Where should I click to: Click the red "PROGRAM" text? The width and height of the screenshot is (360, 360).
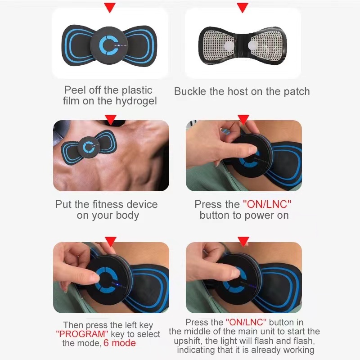coord(82,334)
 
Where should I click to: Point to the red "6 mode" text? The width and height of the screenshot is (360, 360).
coord(120,343)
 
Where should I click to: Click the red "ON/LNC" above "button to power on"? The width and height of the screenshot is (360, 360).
coord(267,204)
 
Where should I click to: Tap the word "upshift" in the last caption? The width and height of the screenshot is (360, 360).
coord(188,341)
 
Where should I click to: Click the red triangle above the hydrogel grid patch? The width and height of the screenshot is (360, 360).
coord(243,8)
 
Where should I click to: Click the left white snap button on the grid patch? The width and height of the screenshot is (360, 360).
coord(229,45)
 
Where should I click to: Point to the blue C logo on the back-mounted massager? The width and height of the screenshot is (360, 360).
coord(88,147)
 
